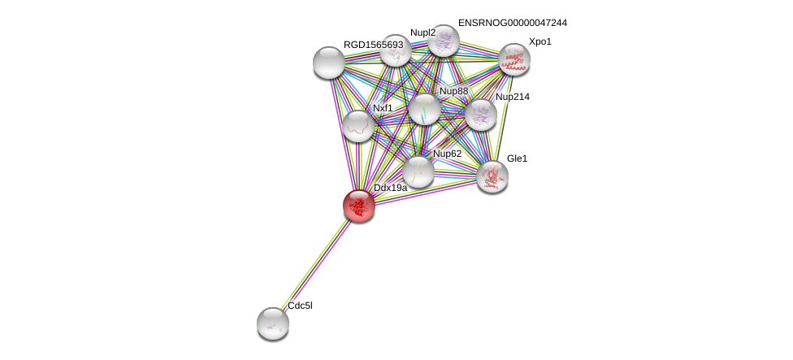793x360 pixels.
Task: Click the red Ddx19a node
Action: pyautogui.click(x=358, y=205)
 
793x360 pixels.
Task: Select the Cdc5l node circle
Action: pyautogui.click(x=273, y=323)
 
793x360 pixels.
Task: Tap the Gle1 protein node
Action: pyautogui.click(x=492, y=176)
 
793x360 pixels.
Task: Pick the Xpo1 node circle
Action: pyautogui.click(x=513, y=59)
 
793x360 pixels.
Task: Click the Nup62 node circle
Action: pyautogui.click(x=418, y=171)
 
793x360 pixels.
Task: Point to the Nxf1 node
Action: pyautogui.click(x=357, y=126)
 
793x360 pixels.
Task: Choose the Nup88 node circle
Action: pyautogui.click(x=424, y=109)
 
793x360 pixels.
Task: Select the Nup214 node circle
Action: pyautogui.click(x=480, y=115)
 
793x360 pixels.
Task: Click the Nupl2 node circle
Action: pyautogui.click(x=396, y=50)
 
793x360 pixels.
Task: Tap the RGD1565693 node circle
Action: pyautogui.click(x=329, y=63)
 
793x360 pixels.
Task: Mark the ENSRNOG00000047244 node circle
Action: pyautogui.click(x=444, y=41)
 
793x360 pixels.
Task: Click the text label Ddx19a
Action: pyautogui.click(x=390, y=188)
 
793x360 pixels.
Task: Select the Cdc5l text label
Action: pyautogui.click(x=300, y=306)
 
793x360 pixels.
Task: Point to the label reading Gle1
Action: pyautogui.click(x=517, y=158)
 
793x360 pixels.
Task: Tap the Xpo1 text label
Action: pyautogui.click(x=539, y=41)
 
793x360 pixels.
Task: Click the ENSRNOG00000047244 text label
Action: pyautogui.click(x=512, y=23)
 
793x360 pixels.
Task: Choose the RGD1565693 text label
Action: pyautogui.click(x=373, y=45)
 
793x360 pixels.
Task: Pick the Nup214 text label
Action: pyautogui.click(x=512, y=97)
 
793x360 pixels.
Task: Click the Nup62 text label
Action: pyautogui.click(x=447, y=154)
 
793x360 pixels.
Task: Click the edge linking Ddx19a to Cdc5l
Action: pyautogui.click(x=316, y=263)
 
